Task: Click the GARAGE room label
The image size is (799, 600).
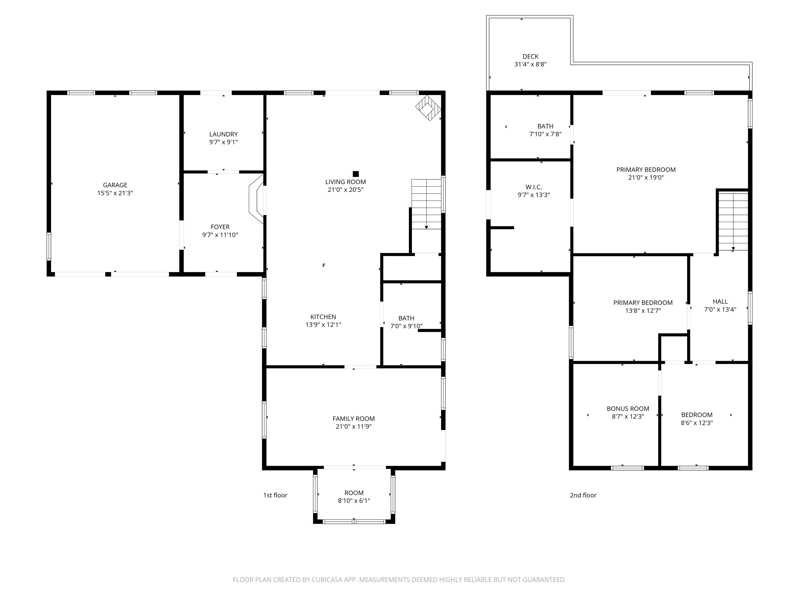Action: pyautogui.click(x=115, y=185)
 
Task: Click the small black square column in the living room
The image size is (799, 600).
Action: pyautogui.click(x=356, y=174)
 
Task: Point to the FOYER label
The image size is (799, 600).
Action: pyautogui.click(x=220, y=227)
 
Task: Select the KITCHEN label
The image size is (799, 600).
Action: pyautogui.click(x=323, y=317)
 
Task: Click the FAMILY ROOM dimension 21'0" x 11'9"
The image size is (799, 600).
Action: pyautogui.click(x=354, y=426)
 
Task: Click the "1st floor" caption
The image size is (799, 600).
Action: pyautogui.click(x=275, y=495)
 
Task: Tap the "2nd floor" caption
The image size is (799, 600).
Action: pyautogui.click(x=583, y=495)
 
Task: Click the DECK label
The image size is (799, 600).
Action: pyautogui.click(x=530, y=57)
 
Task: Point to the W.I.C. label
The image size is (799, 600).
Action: pyautogui.click(x=533, y=187)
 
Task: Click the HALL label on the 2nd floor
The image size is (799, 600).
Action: pyautogui.click(x=720, y=301)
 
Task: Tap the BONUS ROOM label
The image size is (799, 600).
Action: pyautogui.click(x=628, y=409)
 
